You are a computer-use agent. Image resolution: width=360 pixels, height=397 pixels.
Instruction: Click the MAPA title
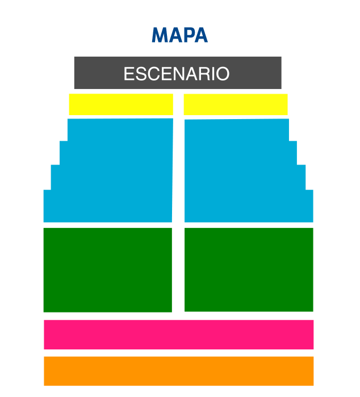[180, 35]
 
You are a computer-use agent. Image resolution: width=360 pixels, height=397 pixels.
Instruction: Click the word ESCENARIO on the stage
[177, 74]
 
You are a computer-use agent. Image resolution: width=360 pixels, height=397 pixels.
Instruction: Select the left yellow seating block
[121, 104]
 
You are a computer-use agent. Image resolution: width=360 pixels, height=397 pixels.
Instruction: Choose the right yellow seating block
[236, 104]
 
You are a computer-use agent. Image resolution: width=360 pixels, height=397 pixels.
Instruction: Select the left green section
[108, 270]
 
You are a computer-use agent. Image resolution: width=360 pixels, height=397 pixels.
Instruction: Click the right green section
[249, 269]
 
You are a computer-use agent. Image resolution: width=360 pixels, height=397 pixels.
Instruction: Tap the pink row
[179, 335]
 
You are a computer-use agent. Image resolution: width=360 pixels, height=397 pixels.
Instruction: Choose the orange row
[179, 371]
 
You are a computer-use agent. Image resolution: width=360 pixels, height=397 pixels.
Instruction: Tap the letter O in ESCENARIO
[223, 74]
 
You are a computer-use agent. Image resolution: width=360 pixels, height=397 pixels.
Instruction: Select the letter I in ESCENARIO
[212, 74]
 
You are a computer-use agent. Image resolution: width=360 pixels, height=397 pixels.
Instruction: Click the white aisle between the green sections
[178, 270]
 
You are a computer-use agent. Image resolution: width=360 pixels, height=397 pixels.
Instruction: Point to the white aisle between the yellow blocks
[178, 104]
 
